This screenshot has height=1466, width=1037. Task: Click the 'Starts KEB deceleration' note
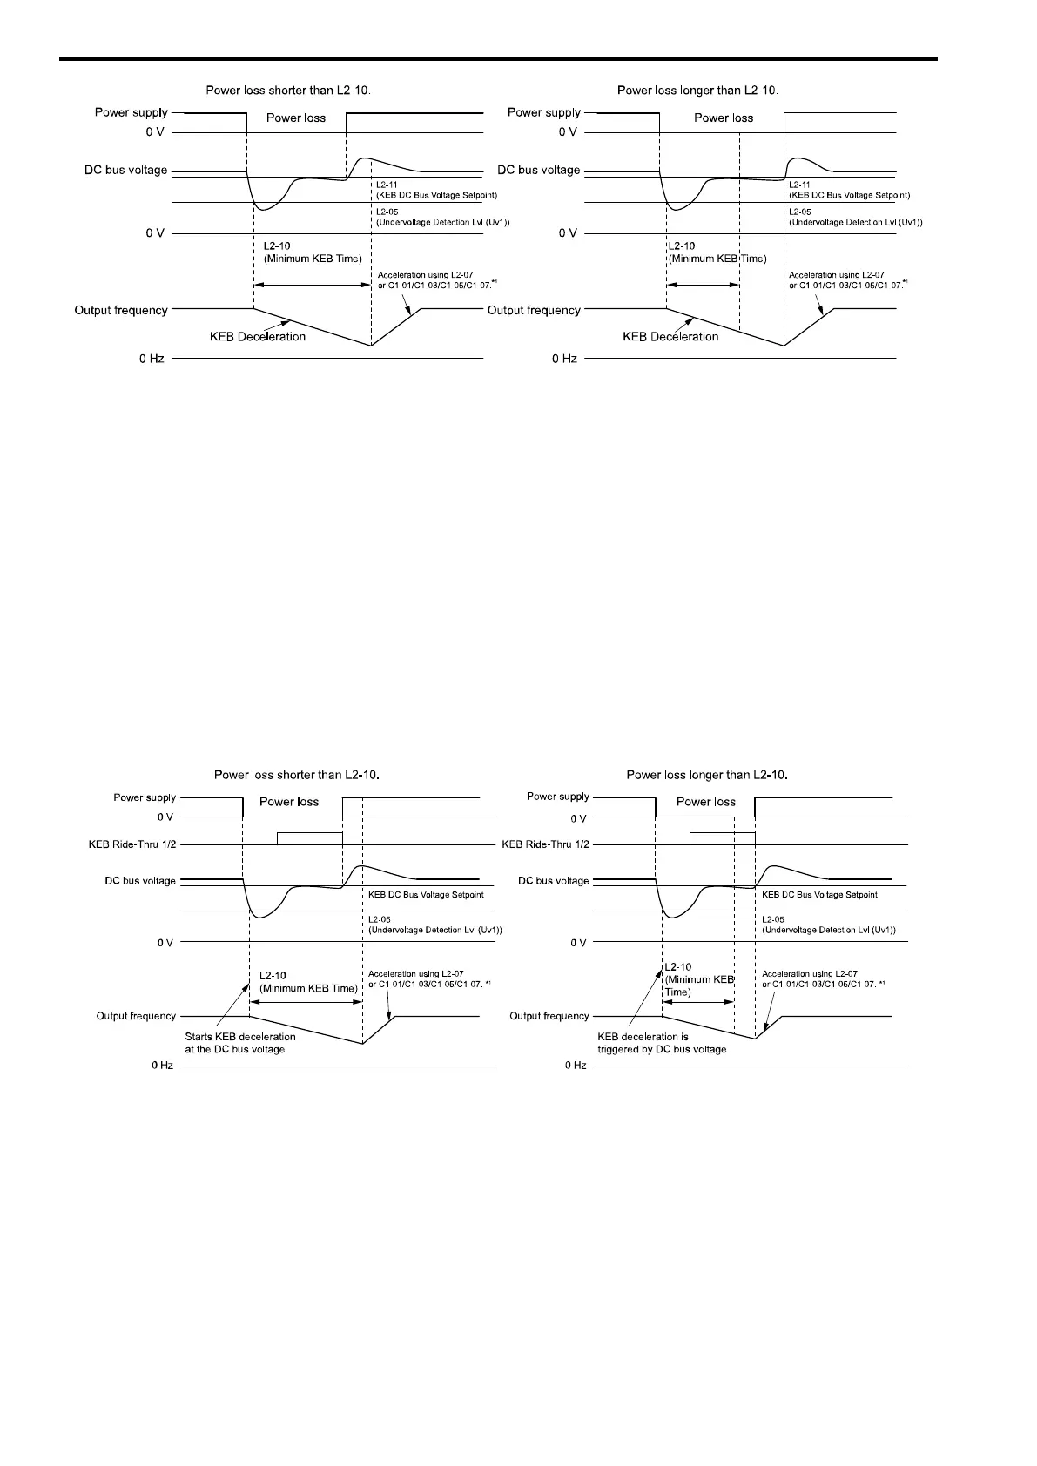point(240,1043)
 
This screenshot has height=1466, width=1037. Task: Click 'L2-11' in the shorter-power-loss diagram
point(387,185)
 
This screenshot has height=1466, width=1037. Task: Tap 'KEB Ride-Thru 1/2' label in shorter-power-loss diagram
point(132,844)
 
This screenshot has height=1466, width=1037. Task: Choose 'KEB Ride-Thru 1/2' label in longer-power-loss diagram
point(545,844)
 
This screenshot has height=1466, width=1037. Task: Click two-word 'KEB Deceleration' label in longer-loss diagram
point(670,337)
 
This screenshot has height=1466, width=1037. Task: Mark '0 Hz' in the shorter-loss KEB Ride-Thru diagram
point(163,1066)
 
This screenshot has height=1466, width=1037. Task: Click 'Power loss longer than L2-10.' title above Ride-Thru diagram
point(706,775)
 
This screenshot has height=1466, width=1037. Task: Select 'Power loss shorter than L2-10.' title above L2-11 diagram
point(287,90)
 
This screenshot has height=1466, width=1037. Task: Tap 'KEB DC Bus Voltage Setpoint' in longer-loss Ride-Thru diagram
point(819,895)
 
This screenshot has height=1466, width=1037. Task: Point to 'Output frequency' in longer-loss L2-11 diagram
point(534,310)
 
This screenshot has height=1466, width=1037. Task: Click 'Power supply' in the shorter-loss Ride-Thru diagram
point(145,797)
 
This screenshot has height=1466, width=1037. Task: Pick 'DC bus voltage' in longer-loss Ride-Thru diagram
point(553,881)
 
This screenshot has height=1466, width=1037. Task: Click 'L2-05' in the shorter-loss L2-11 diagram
point(387,212)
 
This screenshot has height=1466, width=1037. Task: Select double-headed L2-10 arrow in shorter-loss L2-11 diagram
point(312,284)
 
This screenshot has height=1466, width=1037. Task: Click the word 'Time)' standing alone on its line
point(677,992)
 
